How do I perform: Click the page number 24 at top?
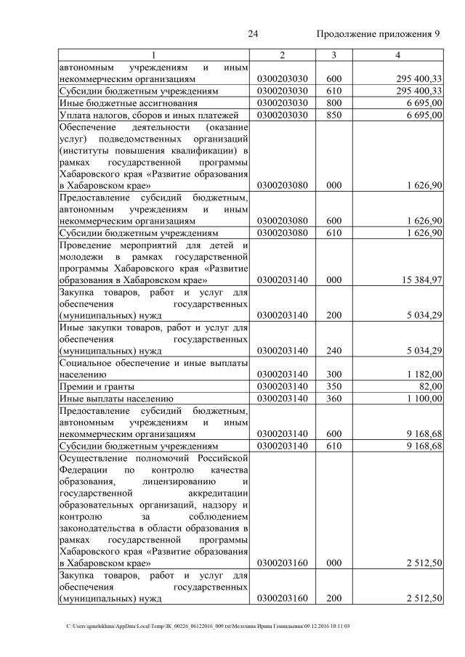(x=254, y=34)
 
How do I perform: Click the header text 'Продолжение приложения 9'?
(x=379, y=34)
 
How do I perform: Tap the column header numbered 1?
(x=153, y=55)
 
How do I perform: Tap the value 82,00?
(x=429, y=386)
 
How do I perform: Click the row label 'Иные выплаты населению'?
(x=116, y=398)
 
